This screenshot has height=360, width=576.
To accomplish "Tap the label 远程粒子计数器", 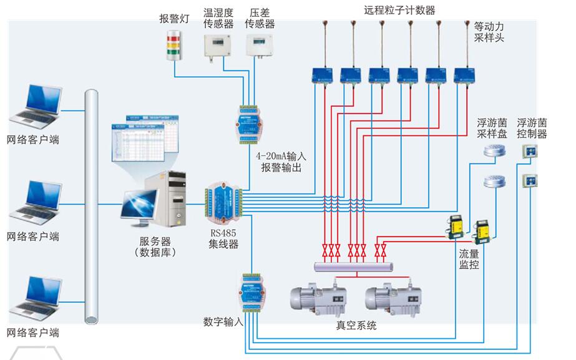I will (x=400, y=10).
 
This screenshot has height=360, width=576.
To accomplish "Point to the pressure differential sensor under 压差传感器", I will (x=259, y=45).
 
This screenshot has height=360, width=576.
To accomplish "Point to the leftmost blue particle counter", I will (x=324, y=75).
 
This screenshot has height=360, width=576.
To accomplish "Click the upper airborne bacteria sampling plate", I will (x=493, y=151).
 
